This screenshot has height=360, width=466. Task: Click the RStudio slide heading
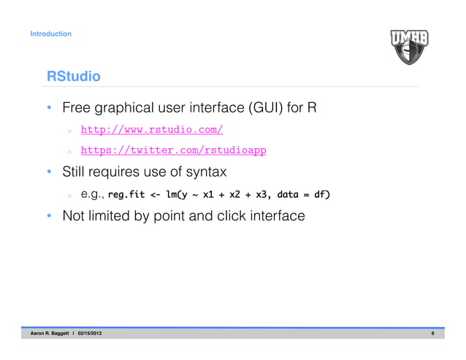pos(73,76)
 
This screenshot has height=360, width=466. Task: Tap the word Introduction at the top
pos(50,34)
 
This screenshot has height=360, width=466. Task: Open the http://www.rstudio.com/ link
pos(151,130)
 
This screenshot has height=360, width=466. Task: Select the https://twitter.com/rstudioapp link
pos(172,150)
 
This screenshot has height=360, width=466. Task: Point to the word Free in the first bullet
pos(77,109)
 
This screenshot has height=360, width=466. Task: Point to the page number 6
pos(432,334)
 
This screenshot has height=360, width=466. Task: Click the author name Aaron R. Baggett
pos(49,334)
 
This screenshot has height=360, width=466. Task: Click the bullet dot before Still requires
pos(48,173)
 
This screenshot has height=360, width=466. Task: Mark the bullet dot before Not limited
pos(48,217)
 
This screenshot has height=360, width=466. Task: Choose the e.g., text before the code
pos(93,194)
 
